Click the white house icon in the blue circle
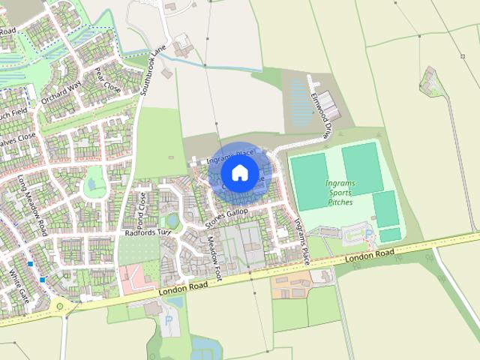[x=240, y=172]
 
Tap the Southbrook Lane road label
[x=152, y=73]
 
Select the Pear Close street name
[x=108, y=80]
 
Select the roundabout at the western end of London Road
[x=59, y=305]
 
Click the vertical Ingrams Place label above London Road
[x=301, y=240]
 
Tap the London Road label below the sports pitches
[x=370, y=256]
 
